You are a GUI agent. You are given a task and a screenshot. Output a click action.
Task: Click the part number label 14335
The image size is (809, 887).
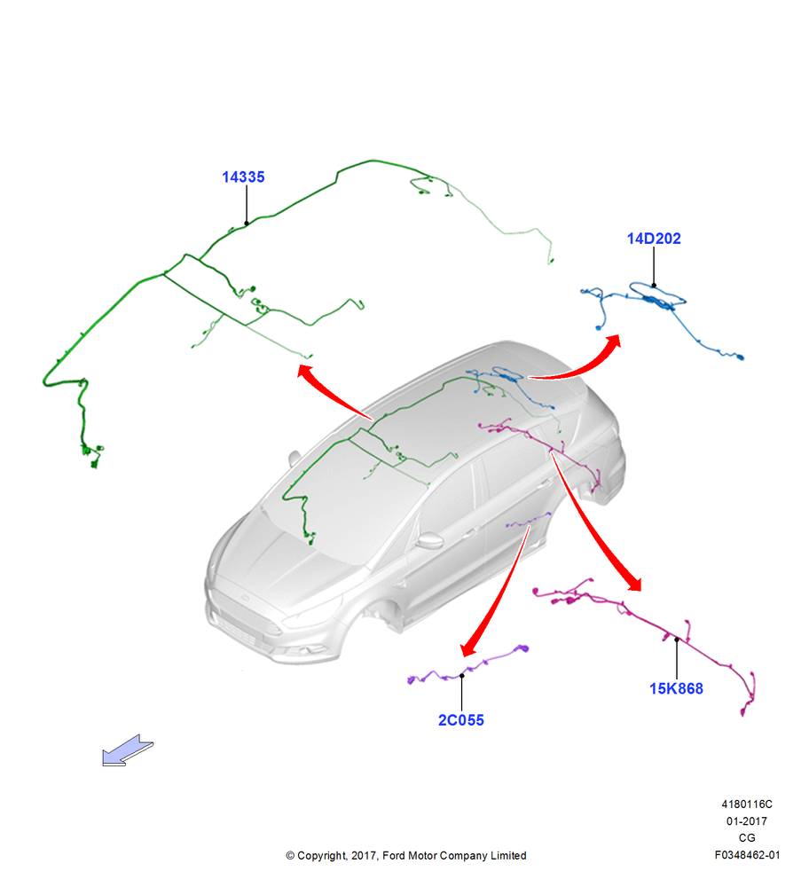243,177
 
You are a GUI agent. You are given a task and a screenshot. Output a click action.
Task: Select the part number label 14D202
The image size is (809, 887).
654,239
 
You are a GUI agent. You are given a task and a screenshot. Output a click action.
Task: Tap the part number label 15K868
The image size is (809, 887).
676,688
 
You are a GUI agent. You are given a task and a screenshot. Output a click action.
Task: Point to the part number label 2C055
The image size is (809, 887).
461,720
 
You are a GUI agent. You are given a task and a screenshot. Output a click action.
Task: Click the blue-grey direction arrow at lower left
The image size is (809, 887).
127,751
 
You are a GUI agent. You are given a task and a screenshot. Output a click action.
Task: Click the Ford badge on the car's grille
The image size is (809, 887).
246,598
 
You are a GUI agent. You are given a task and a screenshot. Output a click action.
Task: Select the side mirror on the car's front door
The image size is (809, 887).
430,541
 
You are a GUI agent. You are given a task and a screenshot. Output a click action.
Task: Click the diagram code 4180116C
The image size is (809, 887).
747,804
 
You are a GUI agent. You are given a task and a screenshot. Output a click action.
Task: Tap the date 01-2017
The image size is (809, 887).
747,820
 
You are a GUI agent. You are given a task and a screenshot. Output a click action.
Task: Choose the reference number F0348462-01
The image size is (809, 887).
747,855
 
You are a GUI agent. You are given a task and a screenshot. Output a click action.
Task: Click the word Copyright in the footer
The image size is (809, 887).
321,856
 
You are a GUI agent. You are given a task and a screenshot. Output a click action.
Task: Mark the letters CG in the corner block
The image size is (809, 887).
747,838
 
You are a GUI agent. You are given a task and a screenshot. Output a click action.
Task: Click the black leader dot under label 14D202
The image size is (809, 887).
654,286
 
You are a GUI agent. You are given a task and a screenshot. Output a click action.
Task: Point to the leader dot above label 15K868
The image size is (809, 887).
677,640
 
